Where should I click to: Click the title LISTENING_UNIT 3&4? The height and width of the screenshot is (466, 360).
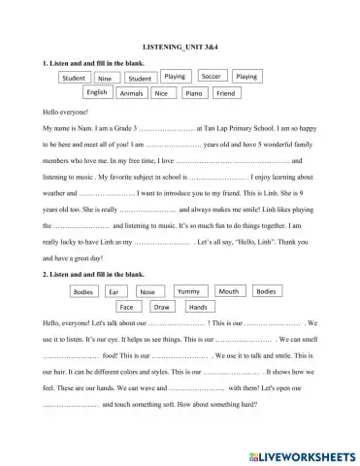(x=181, y=46)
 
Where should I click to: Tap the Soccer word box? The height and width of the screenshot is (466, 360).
(x=211, y=76)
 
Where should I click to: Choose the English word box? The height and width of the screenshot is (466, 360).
(x=97, y=92)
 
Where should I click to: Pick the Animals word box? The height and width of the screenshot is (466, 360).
(x=131, y=94)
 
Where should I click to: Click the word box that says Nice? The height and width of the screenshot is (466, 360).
(x=161, y=94)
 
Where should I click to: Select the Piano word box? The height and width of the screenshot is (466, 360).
(x=194, y=94)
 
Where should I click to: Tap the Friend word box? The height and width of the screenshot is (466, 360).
(x=225, y=94)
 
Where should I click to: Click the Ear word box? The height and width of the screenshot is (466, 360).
(x=115, y=292)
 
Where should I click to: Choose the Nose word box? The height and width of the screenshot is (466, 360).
(x=147, y=292)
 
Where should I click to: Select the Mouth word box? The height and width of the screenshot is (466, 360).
(x=228, y=291)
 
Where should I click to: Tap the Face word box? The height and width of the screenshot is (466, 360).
(x=126, y=307)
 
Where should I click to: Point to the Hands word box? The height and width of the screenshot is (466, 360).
(x=197, y=307)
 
